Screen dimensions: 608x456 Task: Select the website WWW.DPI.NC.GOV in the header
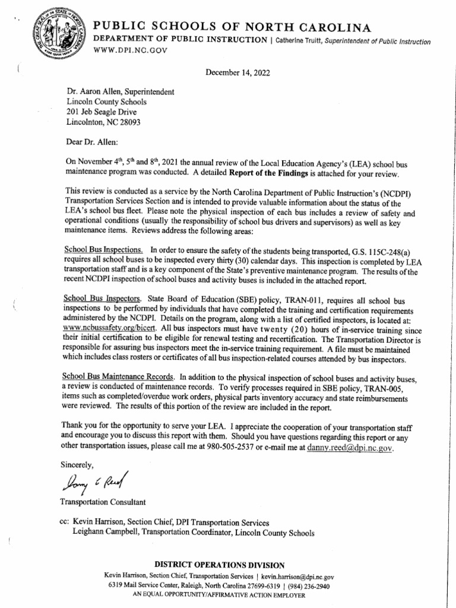pyautogui.click(x=125, y=51)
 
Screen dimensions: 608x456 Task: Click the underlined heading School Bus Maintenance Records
pyautogui.click(x=118, y=376)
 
